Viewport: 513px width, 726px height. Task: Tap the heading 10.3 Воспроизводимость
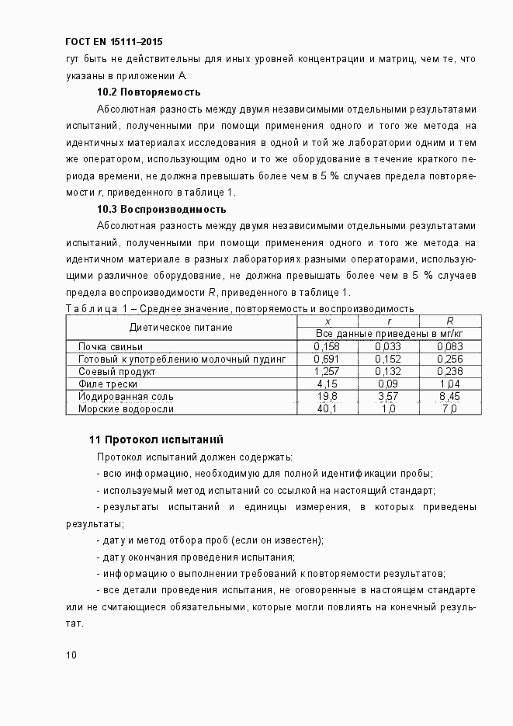[x=161, y=210]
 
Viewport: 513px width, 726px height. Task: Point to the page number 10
[x=71, y=655]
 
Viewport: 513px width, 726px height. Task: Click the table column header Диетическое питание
[x=180, y=328]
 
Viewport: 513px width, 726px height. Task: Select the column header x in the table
[x=328, y=321]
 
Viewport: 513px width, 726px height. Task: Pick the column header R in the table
[x=450, y=321]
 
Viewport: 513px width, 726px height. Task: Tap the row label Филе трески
[x=108, y=384]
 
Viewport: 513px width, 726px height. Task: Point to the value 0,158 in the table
[x=327, y=346]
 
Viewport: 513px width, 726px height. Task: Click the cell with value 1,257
[x=327, y=371]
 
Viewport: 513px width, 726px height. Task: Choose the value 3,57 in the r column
[x=388, y=396]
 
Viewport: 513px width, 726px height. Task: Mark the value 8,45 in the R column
[x=449, y=396]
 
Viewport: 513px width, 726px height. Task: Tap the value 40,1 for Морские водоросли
[x=327, y=408]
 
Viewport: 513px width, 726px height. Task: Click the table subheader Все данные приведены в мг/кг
[x=388, y=333]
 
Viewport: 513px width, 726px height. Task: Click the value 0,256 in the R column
[x=449, y=359]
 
